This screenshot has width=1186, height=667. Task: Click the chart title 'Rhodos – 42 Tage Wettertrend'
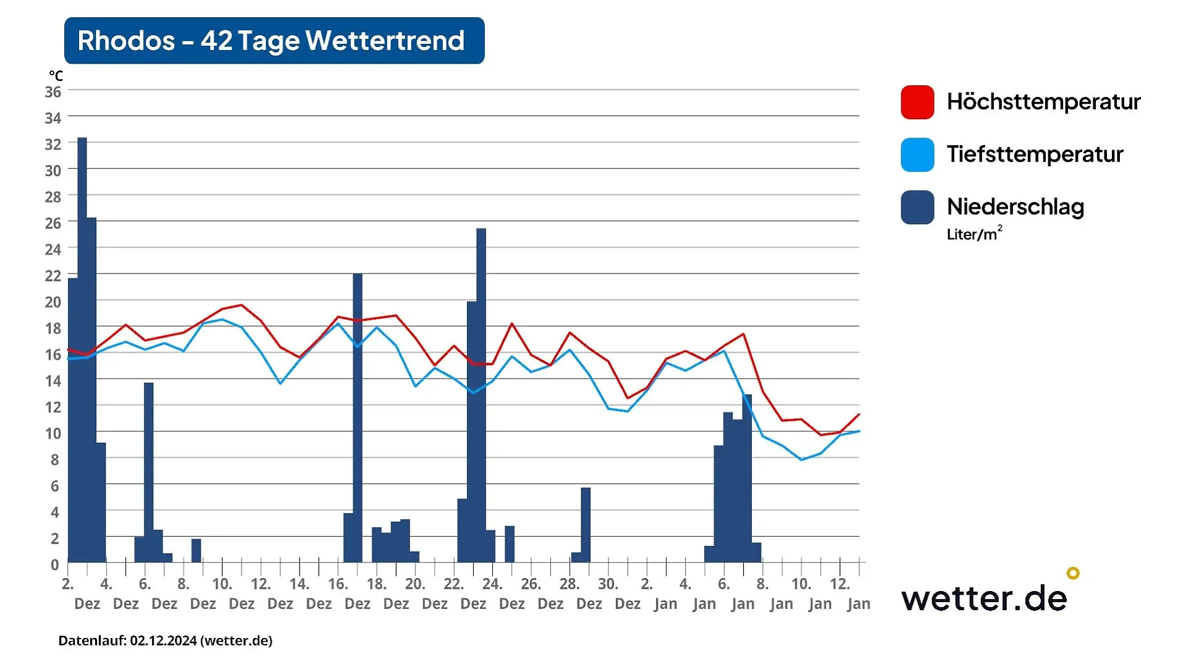point(271,41)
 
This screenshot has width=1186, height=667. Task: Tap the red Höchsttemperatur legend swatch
point(917,102)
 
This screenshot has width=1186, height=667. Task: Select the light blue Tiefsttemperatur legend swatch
point(917,154)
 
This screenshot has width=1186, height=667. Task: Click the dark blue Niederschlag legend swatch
point(917,207)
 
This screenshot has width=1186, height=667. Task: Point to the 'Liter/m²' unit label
point(974,233)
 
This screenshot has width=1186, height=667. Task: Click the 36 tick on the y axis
point(53,92)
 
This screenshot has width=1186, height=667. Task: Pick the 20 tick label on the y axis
point(53,302)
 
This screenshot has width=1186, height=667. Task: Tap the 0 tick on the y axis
point(55,564)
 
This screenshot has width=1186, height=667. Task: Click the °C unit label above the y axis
point(56,76)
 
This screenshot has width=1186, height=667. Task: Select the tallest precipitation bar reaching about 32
point(82,350)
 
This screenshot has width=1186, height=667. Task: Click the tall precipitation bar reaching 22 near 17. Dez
point(358,417)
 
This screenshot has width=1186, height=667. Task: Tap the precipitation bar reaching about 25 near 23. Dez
point(481,395)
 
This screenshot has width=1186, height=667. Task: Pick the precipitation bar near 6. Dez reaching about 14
point(149,472)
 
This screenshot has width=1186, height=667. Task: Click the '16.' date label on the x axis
point(338,584)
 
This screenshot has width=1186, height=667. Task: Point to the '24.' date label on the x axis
point(492,584)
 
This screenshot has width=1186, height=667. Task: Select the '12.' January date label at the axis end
point(840,584)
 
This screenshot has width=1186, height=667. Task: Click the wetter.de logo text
point(984,598)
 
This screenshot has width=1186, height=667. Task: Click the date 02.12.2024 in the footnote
point(163,640)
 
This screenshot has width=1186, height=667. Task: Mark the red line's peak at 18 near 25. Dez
point(512,324)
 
